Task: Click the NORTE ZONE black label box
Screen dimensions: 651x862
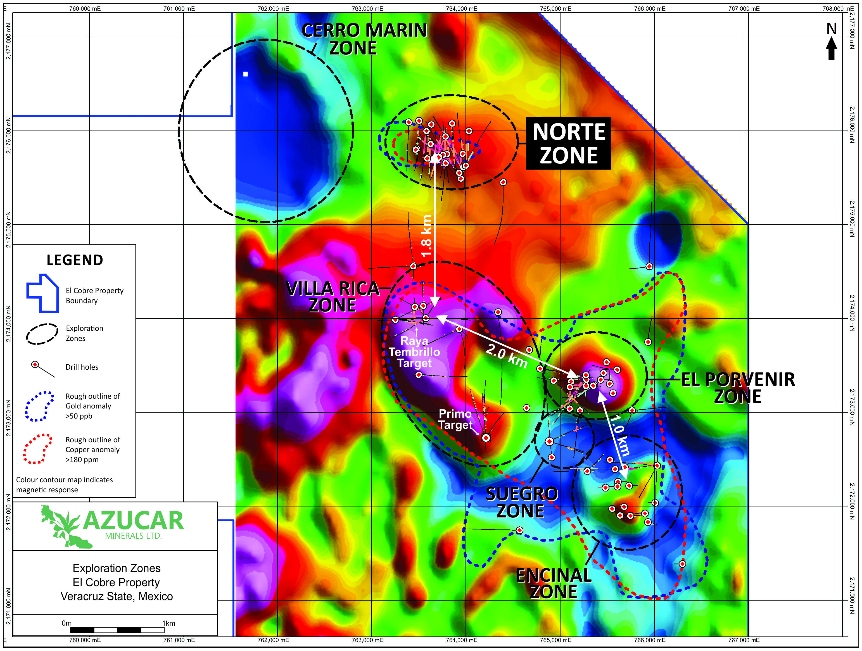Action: pyautogui.click(x=568, y=143)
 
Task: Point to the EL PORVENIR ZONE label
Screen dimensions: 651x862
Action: pyautogui.click(x=738, y=388)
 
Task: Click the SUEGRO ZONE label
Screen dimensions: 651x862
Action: pyautogui.click(x=521, y=503)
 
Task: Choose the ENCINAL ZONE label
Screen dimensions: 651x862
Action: pyautogui.click(x=554, y=583)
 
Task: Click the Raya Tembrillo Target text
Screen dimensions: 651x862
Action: pyautogui.click(x=414, y=352)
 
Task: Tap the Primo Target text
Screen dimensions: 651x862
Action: pyautogui.click(x=455, y=419)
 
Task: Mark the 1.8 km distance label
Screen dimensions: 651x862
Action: pyautogui.click(x=427, y=236)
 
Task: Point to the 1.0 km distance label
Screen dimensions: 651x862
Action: pyautogui.click(x=620, y=435)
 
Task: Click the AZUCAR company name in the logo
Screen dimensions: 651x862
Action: pyautogui.click(x=133, y=521)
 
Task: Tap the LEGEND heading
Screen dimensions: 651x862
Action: pyautogui.click(x=75, y=260)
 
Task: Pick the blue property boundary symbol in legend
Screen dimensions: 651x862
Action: pyautogui.click(x=42, y=293)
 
